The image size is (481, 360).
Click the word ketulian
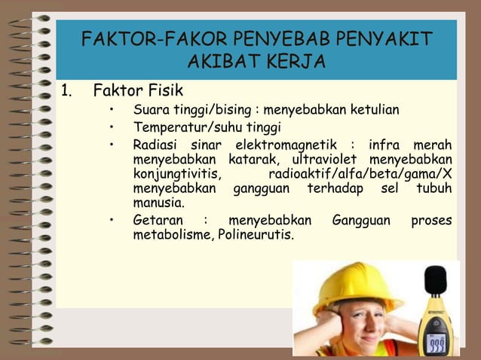point(373,111)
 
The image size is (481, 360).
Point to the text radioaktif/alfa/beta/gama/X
point(360,174)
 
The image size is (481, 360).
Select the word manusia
point(158,203)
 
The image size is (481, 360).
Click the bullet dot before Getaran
point(112,221)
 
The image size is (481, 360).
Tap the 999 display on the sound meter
point(437,342)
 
